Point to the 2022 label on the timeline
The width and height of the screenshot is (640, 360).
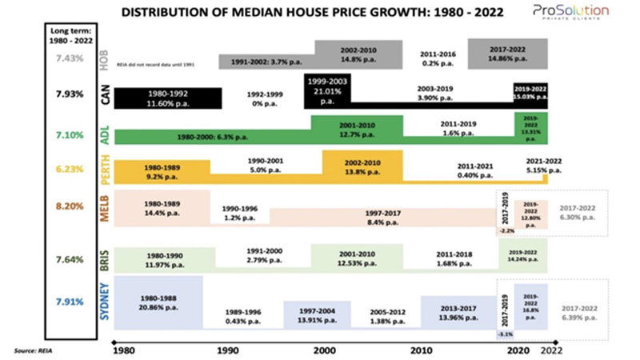(548, 350)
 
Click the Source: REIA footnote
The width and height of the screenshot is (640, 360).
(30, 350)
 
